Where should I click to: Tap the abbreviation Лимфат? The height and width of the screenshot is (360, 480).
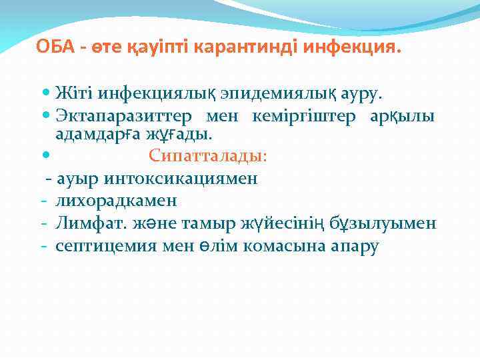85,223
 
